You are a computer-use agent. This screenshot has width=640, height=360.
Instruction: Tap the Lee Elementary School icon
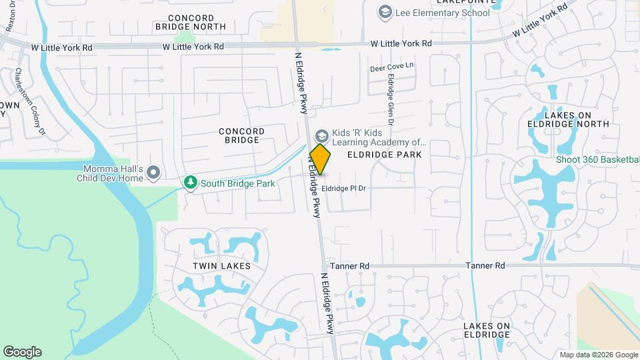[385, 12]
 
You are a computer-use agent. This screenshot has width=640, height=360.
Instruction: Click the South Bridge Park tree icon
[191, 182]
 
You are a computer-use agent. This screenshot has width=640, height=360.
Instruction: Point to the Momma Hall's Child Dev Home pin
[154, 173]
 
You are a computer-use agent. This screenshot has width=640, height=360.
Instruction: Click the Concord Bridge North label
[190, 22]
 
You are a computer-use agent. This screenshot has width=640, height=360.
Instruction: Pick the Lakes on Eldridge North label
[568, 119]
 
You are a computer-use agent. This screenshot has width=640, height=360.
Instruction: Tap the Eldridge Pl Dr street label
[344, 189]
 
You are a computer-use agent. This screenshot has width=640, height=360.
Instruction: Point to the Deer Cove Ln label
[392, 67]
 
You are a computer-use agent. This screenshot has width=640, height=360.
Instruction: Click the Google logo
[22, 352]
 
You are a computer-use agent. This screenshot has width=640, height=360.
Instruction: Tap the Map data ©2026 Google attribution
[599, 355]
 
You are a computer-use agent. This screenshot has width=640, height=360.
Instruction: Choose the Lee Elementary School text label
[433, 13]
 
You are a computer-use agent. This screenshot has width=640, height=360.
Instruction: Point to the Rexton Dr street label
[11, 17]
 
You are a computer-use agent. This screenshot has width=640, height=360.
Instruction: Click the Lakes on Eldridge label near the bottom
[487, 330]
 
